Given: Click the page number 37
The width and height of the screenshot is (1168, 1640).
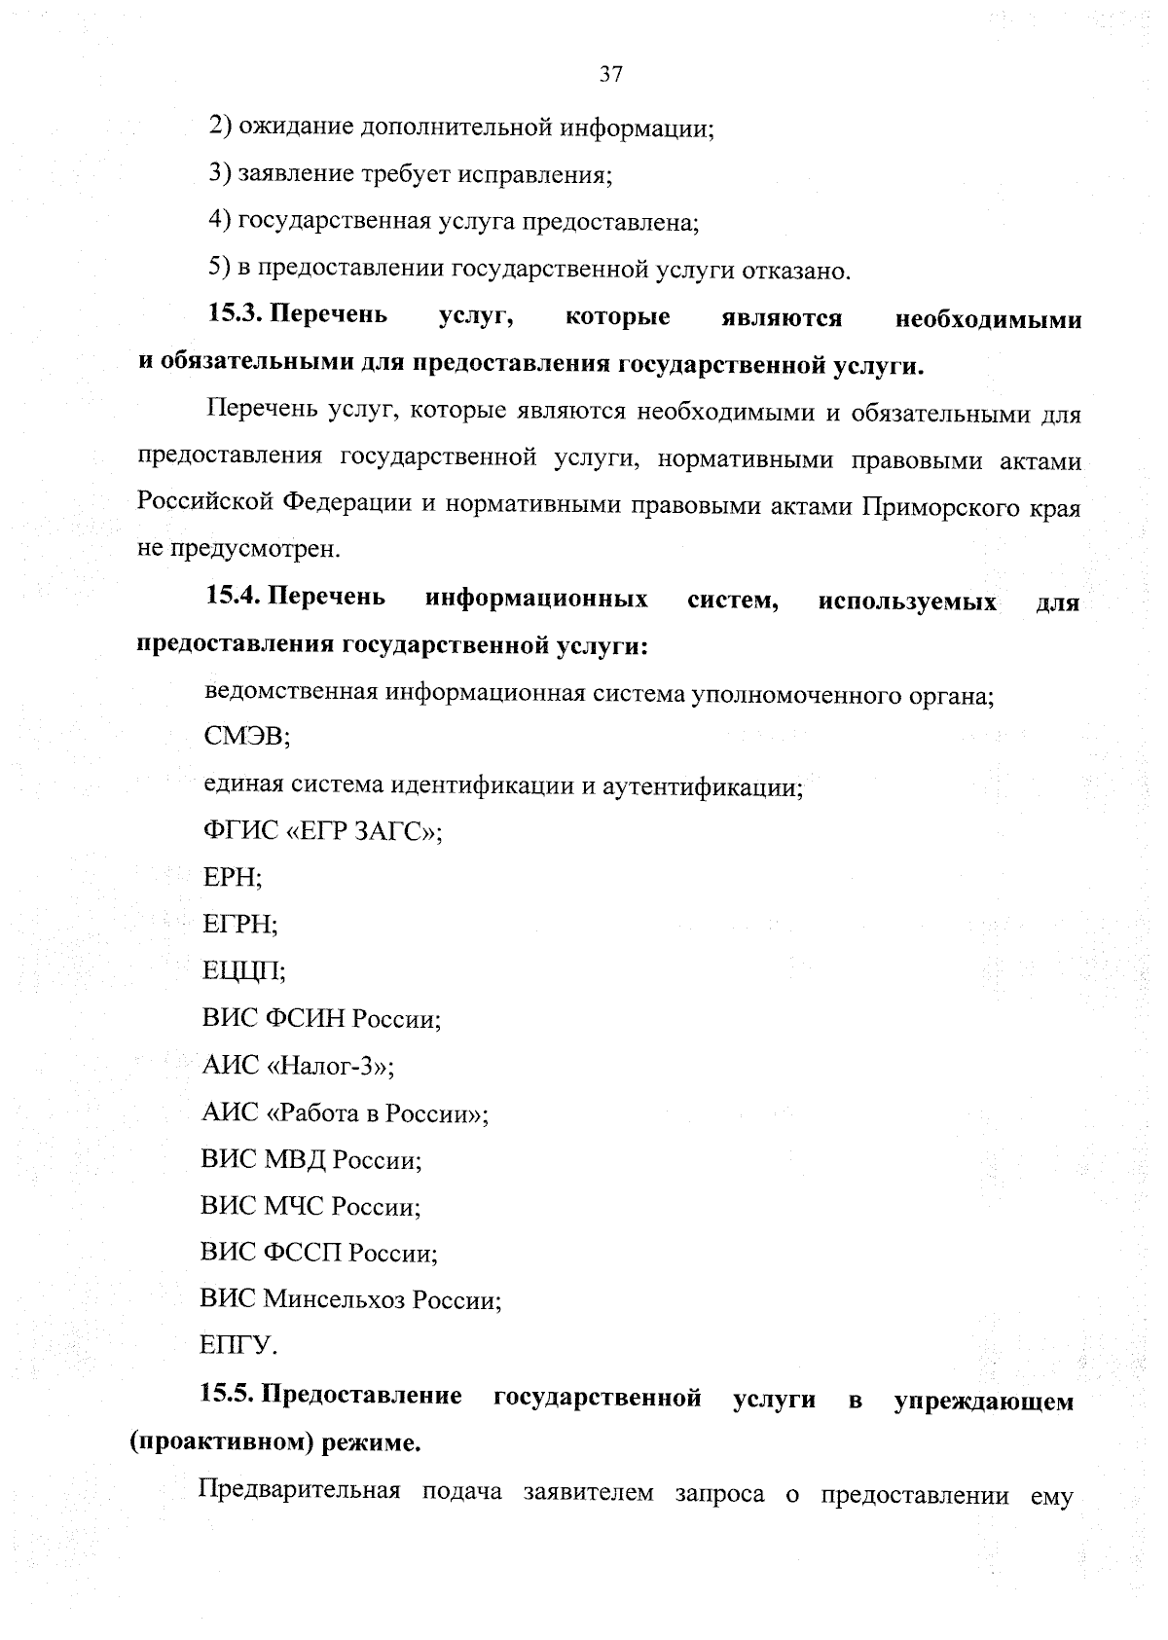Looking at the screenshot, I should pos(610,74).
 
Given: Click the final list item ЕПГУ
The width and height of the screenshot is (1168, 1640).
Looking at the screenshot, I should pos(238,1346).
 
